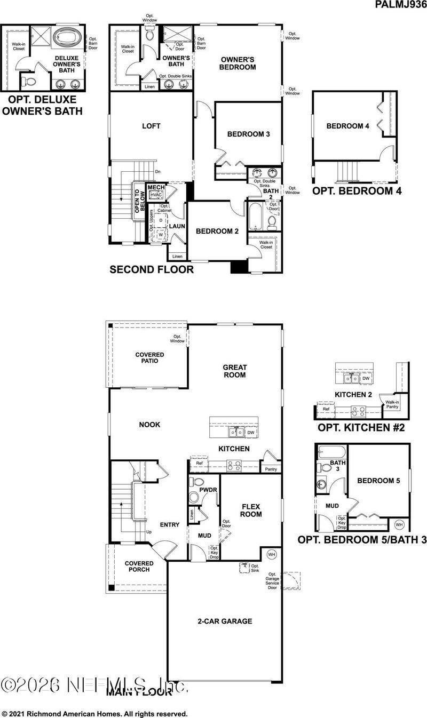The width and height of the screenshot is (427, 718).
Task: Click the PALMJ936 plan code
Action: click(400, 5)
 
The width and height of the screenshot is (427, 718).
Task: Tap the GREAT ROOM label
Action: click(234, 371)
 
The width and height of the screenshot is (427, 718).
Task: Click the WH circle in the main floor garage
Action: click(271, 555)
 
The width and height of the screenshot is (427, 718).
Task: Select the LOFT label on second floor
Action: click(151, 126)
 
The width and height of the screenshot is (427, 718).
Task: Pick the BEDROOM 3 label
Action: click(248, 134)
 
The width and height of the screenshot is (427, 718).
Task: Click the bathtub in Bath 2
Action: click(254, 217)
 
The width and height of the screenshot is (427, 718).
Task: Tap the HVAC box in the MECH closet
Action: click(156, 195)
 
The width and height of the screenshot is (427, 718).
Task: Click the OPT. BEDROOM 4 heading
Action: click(356, 191)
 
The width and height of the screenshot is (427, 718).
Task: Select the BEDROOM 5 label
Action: click(378, 481)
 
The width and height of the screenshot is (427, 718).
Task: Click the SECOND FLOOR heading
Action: click(152, 270)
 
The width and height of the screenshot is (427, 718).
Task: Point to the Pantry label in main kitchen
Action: click(272, 469)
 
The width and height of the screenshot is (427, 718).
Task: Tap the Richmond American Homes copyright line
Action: click(94, 713)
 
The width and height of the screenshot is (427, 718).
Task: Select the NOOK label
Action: click(150, 425)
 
